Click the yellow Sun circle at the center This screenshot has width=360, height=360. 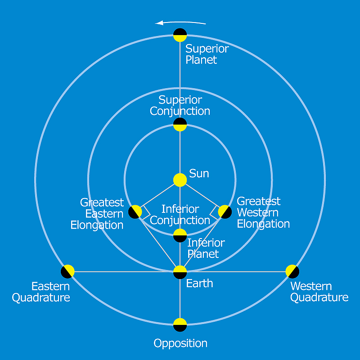180,180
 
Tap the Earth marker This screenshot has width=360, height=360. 180,272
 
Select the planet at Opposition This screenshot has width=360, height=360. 180,325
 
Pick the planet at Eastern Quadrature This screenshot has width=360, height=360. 67,271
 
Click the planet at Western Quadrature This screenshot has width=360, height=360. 292,271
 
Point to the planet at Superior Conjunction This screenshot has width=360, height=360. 180,124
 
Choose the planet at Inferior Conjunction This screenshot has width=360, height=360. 180,235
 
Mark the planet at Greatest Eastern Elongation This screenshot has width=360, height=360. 135,211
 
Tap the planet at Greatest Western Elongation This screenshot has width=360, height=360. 225,211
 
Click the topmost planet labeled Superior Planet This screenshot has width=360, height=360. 180,35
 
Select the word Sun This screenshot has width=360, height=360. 199,174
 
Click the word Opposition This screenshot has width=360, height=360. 180,343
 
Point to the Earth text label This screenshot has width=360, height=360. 199,283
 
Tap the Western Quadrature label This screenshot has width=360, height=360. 319,292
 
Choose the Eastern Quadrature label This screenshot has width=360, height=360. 41,292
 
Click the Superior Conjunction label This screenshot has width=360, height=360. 180,105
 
